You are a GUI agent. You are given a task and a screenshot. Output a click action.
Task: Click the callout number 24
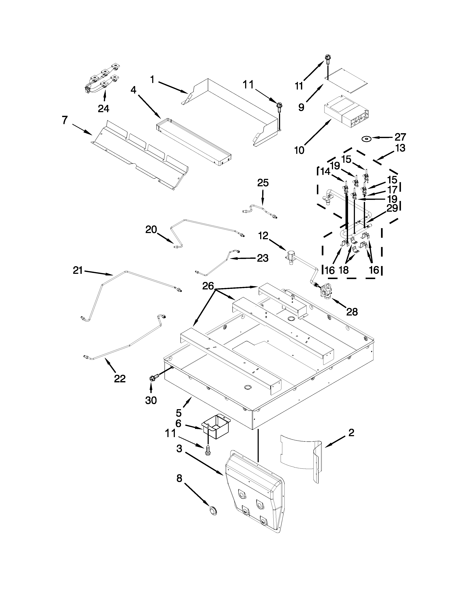point(103,109)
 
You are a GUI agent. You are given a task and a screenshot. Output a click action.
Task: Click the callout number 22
point(120,379)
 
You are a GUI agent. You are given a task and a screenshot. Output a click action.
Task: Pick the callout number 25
point(263,183)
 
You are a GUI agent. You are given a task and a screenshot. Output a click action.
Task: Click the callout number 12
point(263,235)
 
